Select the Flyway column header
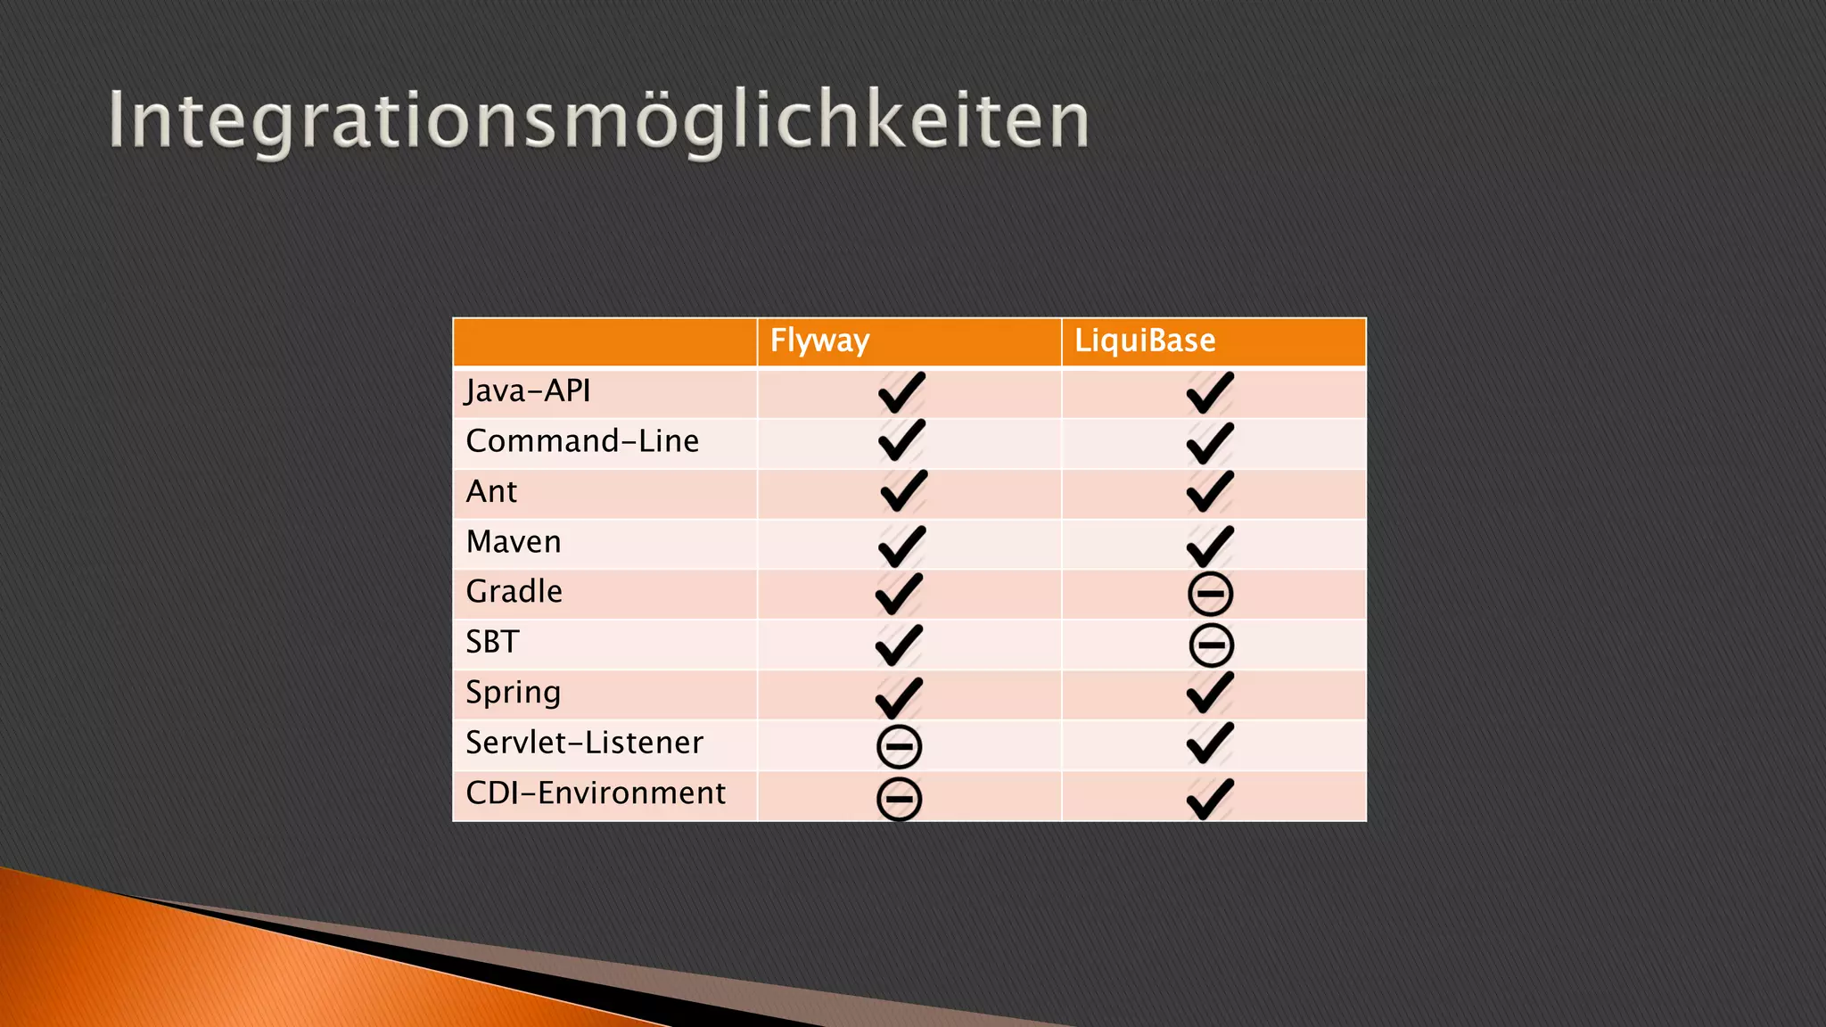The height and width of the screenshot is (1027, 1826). pyautogui.click(x=819, y=341)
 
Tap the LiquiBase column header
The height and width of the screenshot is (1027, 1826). pyautogui.click(x=1144, y=341)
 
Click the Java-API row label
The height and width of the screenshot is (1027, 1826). pyautogui.click(x=528, y=391)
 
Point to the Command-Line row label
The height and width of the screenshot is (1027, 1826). pyautogui.click(x=581, y=441)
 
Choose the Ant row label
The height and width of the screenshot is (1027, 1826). pyautogui.click(x=491, y=491)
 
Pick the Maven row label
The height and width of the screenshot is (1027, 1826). pyautogui.click(x=514, y=542)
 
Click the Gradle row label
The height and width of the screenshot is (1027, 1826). pyautogui.click(x=514, y=592)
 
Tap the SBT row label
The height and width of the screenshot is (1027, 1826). pyautogui.click(x=492, y=642)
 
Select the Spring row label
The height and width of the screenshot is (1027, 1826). pyautogui.click(x=513, y=693)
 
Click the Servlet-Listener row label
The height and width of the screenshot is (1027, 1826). pyautogui.click(x=584, y=743)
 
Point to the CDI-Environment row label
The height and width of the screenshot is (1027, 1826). pyautogui.click(x=596, y=793)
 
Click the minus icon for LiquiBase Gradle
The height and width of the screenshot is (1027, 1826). pyautogui.click(x=1210, y=595)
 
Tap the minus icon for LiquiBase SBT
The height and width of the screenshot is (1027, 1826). pyautogui.click(x=1211, y=645)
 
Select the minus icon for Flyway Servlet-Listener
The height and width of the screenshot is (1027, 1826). pyautogui.click(x=899, y=746)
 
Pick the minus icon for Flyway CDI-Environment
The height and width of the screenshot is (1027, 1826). pyautogui.click(x=899, y=798)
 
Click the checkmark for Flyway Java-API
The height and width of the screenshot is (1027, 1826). pyautogui.click(x=901, y=393)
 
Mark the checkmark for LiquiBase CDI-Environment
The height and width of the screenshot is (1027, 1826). pyautogui.click(x=1210, y=798)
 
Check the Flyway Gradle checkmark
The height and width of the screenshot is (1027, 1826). pyautogui.click(x=899, y=594)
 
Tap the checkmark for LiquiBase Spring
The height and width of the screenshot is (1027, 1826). pyautogui.click(x=1210, y=694)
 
